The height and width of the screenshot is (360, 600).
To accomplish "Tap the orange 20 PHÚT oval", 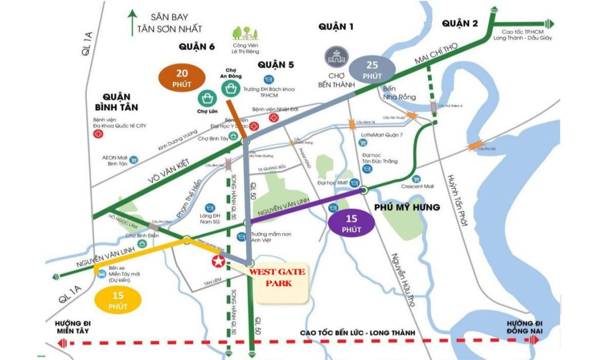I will (x=182, y=77).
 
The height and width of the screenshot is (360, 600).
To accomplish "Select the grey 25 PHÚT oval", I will (x=373, y=70).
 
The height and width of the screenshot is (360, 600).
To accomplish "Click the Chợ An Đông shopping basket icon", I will (x=229, y=88).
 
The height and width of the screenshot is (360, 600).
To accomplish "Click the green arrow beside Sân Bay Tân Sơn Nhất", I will (x=134, y=22).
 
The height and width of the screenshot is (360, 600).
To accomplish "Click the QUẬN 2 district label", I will (x=460, y=23).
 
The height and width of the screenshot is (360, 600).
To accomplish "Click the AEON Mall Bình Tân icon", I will (x=134, y=159).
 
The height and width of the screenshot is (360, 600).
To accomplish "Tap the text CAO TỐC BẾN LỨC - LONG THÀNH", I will (x=357, y=333).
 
